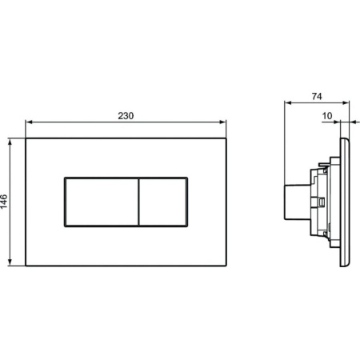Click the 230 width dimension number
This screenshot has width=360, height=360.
click(x=126, y=115)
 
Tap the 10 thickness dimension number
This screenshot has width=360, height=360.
click(x=327, y=115)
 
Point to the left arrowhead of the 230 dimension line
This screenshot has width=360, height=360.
click(x=30, y=123)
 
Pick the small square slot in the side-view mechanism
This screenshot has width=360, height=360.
click(x=321, y=205)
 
